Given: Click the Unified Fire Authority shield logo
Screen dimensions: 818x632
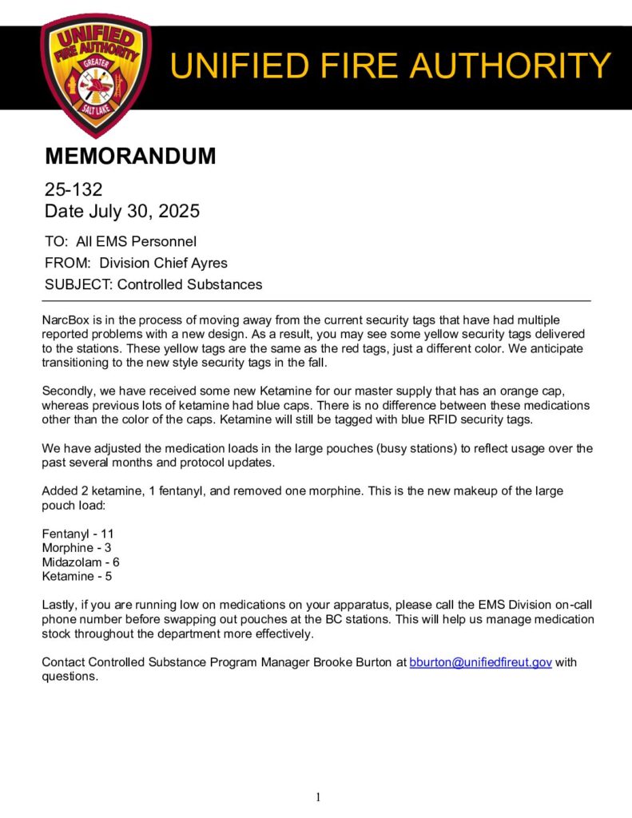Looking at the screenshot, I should click(96, 74).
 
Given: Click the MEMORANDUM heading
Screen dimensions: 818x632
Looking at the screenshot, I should click(130, 156).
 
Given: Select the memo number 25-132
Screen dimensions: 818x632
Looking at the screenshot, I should click(74, 190).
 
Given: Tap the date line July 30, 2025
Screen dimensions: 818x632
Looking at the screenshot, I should click(122, 212).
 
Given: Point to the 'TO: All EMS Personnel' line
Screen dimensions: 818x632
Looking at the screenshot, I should click(121, 241).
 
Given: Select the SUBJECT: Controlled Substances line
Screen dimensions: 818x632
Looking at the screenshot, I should click(153, 284).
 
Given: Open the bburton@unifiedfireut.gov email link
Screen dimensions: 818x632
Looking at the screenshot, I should click(480, 662).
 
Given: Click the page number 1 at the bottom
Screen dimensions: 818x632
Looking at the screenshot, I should click(317, 796).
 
